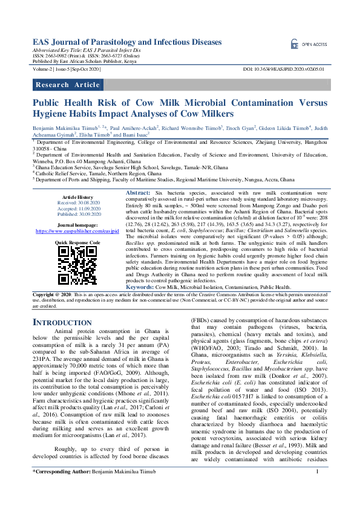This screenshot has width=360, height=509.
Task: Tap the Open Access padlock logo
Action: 295,44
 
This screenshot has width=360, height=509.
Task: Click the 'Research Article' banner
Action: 68,85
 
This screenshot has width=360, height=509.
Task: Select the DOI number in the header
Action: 284,70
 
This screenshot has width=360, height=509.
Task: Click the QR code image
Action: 77,264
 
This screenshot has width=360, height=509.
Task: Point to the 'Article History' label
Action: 77,198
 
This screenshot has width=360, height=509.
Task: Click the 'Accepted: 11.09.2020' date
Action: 77,209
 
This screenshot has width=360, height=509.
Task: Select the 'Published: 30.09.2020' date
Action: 77,214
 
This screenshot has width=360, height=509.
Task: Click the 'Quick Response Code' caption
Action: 77,242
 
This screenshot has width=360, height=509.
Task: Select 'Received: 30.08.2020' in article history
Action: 77,203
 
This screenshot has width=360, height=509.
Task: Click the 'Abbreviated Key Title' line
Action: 86,51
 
